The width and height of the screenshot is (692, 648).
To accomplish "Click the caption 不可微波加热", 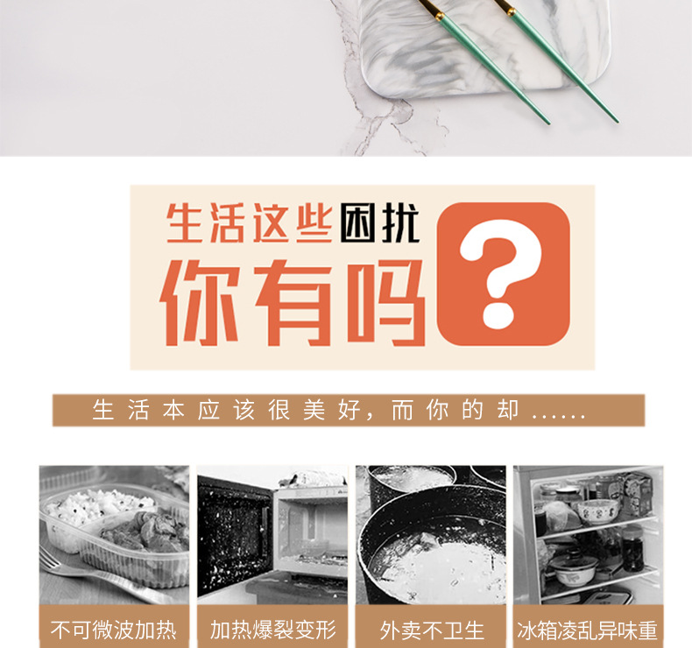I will click(114, 630).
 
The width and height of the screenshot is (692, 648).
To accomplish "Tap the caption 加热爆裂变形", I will click(272, 630).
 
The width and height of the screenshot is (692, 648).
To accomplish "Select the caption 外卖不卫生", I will click(431, 630).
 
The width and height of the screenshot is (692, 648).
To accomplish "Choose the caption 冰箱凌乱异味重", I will click(588, 630).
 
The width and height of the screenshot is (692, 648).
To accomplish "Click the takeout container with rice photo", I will click(114, 525).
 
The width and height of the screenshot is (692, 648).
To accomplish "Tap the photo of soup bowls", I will click(431, 534).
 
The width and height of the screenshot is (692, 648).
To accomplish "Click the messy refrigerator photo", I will click(588, 534).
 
